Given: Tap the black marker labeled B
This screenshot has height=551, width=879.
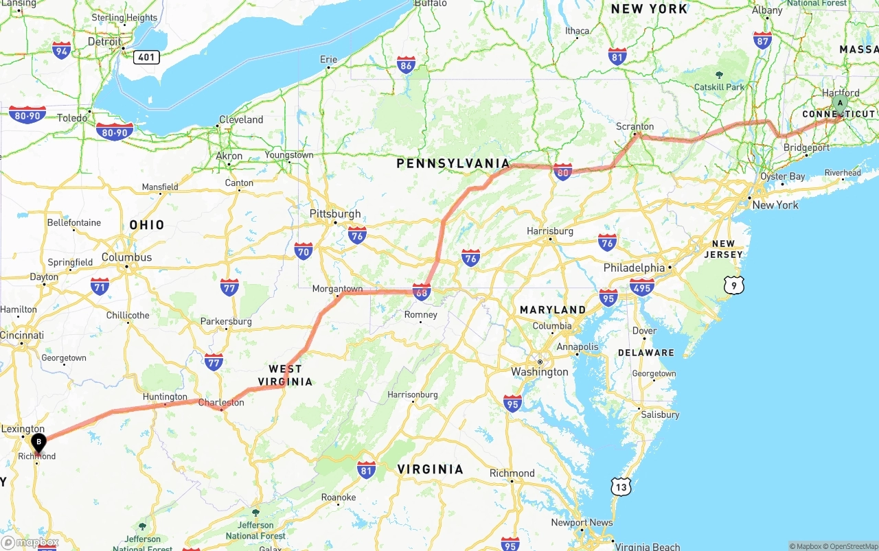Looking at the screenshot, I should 39,443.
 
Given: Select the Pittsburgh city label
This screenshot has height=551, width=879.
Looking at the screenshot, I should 335,214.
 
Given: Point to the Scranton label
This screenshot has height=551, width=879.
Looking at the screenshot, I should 635,127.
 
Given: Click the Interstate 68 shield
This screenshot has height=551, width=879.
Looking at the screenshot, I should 422,293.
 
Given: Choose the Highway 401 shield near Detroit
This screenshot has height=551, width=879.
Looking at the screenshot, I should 146,57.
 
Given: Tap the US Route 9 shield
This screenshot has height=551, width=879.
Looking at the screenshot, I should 733,285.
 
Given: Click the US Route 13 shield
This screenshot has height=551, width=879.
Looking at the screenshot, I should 620,486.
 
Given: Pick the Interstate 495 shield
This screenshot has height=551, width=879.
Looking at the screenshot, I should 641,287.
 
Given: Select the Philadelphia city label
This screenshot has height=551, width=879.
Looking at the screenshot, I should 634,268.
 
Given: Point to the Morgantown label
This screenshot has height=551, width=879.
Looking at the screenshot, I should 337,289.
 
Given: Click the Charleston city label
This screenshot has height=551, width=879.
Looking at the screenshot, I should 221,403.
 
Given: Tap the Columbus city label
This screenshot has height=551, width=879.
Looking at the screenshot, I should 127,257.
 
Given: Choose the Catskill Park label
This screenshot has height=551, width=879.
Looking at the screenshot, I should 719,87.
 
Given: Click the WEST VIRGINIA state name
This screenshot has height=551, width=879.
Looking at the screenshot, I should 285,375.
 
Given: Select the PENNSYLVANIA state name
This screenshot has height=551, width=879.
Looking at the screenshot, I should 453,163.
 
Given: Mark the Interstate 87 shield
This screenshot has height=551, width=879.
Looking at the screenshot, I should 762,40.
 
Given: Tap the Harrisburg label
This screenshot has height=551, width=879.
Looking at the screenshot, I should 549,231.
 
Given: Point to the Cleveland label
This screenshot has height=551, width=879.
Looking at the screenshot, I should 241,119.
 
